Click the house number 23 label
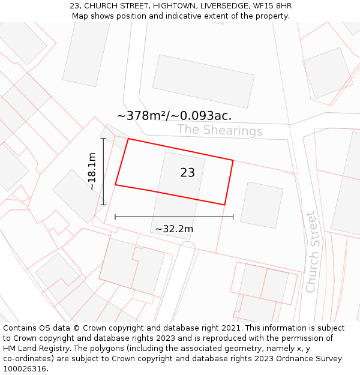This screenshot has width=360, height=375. (187, 173)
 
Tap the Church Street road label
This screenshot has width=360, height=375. (311, 252)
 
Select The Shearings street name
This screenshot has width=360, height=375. (220, 130)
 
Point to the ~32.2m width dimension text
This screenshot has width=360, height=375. (174, 229)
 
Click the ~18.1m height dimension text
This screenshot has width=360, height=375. (92, 172)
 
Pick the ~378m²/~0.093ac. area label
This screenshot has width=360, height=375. (174, 116)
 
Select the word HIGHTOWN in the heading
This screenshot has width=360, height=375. (169, 6)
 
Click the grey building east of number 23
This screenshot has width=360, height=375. (262, 205)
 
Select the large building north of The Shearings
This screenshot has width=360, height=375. (203, 81)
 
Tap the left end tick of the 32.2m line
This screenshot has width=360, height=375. (115, 217)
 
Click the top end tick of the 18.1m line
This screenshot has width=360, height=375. (103, 139)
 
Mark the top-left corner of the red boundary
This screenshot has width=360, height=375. (128, 139)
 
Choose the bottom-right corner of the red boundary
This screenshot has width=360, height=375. (224, 205)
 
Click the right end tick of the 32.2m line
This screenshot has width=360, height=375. (233, 217)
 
